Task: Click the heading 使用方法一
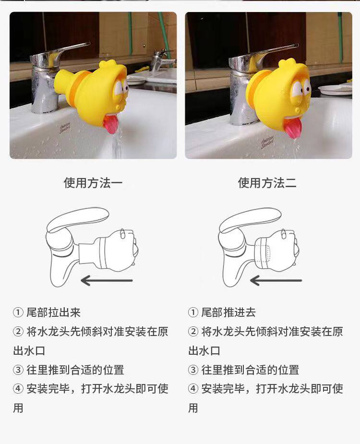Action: tap(93, 183)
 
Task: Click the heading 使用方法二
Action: tap(267, 183)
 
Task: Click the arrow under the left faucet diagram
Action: tap(107, 281)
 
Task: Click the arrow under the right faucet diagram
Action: tap(276, 281)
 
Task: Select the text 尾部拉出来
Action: tap(54, 312)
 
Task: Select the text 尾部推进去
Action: tap(228, 312)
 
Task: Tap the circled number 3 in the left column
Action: tap(18, 370)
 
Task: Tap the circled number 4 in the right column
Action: tap(193, 388)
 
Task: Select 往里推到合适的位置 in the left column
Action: tap(75, 370)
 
